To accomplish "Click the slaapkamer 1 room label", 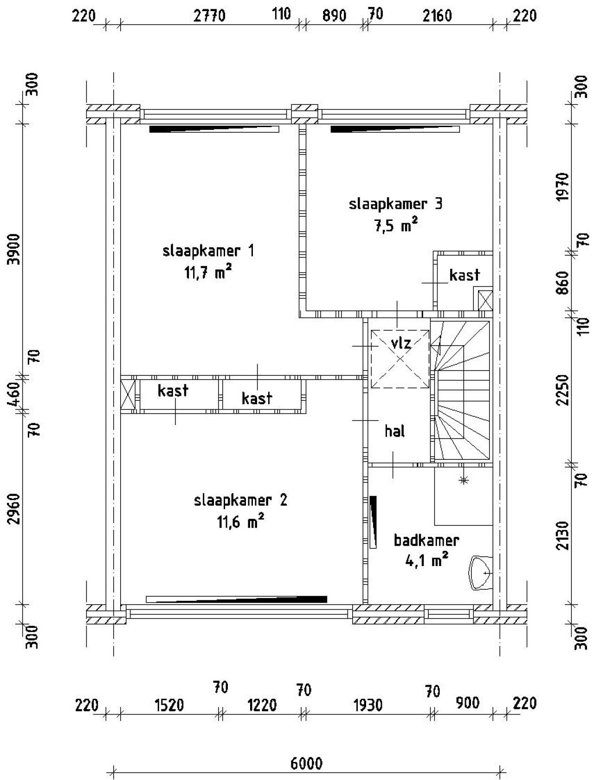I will point(208,251).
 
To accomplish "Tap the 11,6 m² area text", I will point(240,522).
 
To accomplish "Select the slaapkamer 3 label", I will point(395,204).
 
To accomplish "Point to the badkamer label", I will point(426,541).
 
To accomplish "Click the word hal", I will point(394,432).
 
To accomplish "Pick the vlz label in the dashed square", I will point(400,344).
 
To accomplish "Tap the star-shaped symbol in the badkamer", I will point(463,480).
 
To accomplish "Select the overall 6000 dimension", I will point(306,763).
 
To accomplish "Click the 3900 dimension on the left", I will point(15,249).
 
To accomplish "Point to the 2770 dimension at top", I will point(209,16).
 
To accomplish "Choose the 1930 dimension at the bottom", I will point(368,706).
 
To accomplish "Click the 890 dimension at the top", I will point(334,16).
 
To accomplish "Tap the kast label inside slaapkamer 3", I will point(464,275).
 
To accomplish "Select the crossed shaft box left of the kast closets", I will point(128,396).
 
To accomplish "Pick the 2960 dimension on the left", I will point(15,509).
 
